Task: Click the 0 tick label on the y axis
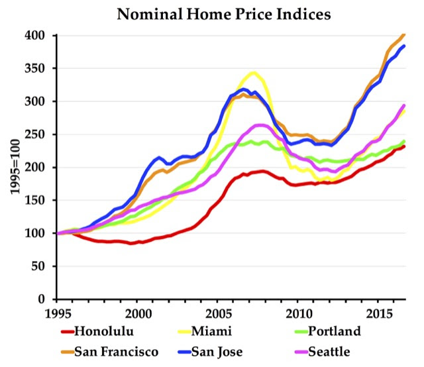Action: pyautogui.click(x=46, y=299)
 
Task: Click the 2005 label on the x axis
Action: pyautogui.click(x=220, y=312)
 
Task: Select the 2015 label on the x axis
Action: pyautogui.click(x=383, y=312)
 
